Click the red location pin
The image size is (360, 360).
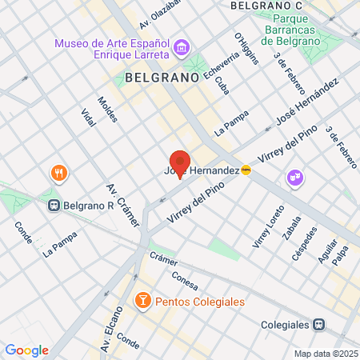tap(179, 162)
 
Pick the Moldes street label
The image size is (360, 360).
tap(107, 110)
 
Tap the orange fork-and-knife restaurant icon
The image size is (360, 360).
tap(58, 172)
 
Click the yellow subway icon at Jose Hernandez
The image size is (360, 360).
tap(246, 170)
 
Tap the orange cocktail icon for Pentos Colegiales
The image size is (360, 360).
tap(142, 300)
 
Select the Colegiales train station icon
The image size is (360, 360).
tap(318, 325)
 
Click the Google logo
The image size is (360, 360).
tap(26, 350)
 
